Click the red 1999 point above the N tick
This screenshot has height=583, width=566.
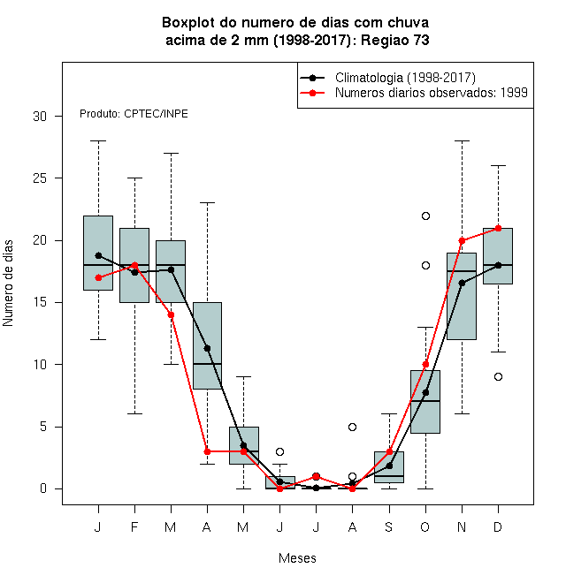pyautogui.click(x=462, y=240)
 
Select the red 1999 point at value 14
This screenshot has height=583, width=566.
pyautogui.click(x=171, y=315)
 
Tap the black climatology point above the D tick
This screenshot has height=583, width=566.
pyautogui.click(x=498, y=265)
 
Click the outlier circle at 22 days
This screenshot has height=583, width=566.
pyautogui.click(x=425, y=216)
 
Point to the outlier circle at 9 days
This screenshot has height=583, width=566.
pyautogui.click(x=498, y=376)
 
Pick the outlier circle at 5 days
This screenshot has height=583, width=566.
pyautogui.click(x=352, y=427)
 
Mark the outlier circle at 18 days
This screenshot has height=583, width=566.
pyautogui.click(x=425, y=266)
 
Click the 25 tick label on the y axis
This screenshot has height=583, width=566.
pyautogui.click(x=40, y=178)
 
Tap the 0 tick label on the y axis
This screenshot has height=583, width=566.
pyautogui.click(x=43, y=488)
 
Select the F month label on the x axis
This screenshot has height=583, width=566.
pyautogui.click(x=134, y=526)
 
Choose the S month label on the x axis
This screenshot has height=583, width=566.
pyautogui.click(x=389, y=526)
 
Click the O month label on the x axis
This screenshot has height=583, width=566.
pyautogui.click(x=424, y=526)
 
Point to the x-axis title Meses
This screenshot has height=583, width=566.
pyautogui.click(x=297, y=558)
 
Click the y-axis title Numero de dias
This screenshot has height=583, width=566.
pyautogui.click(x=8, y=284)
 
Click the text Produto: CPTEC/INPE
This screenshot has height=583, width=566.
pyautogui.click(x=134, y=114)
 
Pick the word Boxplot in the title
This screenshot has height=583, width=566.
pyautogui.click(x=188, y=23)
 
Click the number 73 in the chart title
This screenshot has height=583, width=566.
pyautogui.click(x=421, y=40)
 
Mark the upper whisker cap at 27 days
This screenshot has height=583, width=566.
pyautogui.click(x=171, y=153)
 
